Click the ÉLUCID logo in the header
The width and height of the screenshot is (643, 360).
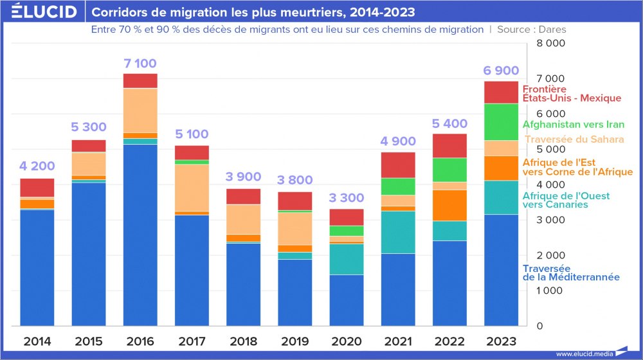click(40, 12)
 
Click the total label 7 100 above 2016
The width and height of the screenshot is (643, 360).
click(140, 64)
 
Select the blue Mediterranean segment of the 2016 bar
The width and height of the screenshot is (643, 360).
click(140, 235)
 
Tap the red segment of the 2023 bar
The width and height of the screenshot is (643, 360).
click(502, 93)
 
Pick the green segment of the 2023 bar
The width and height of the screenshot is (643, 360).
click(502, 122)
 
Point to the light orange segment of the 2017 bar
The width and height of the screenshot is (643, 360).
click(192, 188)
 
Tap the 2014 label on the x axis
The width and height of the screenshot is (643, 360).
click(37, 341)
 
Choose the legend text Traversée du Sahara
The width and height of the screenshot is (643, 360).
click(574, 139)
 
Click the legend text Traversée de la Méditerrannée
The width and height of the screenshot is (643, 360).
click(571, 273)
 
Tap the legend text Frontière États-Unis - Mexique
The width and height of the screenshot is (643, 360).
click(571, 94)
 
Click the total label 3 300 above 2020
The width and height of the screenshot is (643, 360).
click(346, 198)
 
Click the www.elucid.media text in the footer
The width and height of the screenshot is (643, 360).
click(584, 354)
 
